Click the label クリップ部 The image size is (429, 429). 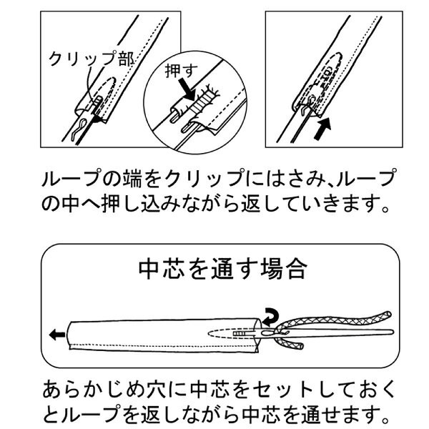coord(92,59)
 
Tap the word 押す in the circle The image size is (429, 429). coord(181,71)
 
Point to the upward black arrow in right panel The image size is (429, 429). coord(323,129)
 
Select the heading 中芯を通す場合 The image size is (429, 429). coord(222,270)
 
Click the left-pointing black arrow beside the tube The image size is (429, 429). coord(57,335)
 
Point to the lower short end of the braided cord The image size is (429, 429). coord(300,346)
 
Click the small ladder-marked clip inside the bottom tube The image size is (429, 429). coord(239,334)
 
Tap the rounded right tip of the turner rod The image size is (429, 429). coord(392,332)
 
